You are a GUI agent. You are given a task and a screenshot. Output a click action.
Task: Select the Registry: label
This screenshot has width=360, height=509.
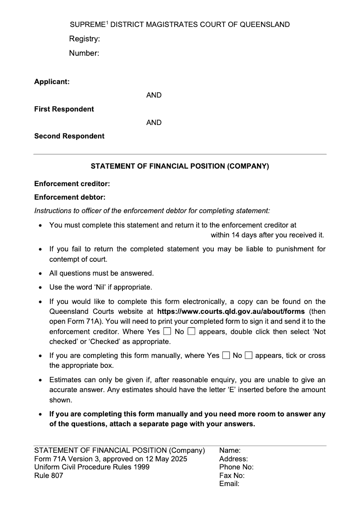[x=84, y=39]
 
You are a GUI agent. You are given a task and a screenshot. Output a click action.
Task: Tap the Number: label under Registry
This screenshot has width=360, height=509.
[x=84, y=53]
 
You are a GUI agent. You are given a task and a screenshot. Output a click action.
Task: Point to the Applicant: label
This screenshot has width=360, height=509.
[x=52, y=82]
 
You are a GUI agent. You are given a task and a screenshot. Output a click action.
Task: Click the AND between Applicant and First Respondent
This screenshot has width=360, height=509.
[x=154, y=95]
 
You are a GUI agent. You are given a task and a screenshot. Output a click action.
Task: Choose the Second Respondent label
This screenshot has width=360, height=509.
[x=69, y=136]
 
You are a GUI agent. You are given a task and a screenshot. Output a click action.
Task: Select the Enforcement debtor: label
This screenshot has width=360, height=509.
[x=70, y=197]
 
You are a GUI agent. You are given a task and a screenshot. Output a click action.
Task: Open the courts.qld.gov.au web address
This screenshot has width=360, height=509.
[x=231, y=312]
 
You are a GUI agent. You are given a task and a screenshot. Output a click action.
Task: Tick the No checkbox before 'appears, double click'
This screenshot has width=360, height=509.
[x=191, y=332]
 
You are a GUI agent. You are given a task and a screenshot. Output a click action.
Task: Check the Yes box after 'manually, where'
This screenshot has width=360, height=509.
[x=226, y=356]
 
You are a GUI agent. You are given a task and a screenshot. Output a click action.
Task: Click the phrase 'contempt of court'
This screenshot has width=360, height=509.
[x=78, y=259]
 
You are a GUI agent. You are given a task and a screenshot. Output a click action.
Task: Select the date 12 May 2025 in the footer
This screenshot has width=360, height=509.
[x=167, y=459]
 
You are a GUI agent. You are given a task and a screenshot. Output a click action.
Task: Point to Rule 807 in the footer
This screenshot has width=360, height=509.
[x=49, y=476]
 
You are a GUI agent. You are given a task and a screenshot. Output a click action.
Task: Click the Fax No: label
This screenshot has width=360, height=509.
[x=232, y=476]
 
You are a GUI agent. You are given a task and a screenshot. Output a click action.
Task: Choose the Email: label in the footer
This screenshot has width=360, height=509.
[x=229, y=484]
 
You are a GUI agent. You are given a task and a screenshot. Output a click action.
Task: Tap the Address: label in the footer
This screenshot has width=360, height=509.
[x=234, y=459]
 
